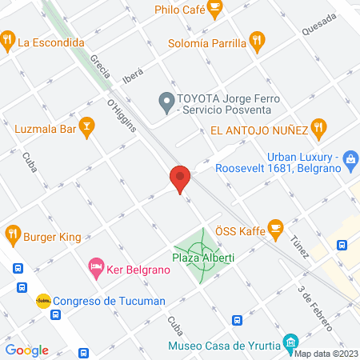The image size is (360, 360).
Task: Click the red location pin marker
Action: pyautogui.click(x=180, y=178)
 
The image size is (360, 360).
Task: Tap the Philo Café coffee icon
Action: pyautogui.click(x=214, y=8)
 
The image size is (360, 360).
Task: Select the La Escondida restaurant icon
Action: pyautogui.click(x=7, y=38)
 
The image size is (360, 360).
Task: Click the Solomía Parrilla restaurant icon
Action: pyautogui.click(x=257, y=39)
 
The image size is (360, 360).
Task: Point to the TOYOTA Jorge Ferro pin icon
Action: pyautogui.click(x=166, y=101)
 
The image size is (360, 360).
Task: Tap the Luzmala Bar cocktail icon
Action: pyautogui.click(x=88, y=125)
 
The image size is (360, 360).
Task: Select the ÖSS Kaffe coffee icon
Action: pyautogui.click(x=275, y=228)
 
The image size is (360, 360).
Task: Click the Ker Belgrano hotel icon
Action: pyautogui.click(x=96, y=266)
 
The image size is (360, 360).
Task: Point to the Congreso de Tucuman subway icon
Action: pyautogui.click(x=43, y=301)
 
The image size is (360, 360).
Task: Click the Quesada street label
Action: pyautogui.click(x=318, y=30)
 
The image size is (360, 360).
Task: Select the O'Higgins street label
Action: pyautogui.click(x=122, y=114)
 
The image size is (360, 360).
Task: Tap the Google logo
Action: pyautogui.click(x=27, y=350)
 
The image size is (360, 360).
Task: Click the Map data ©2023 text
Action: pyautogui.click(x=326, y=354)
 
